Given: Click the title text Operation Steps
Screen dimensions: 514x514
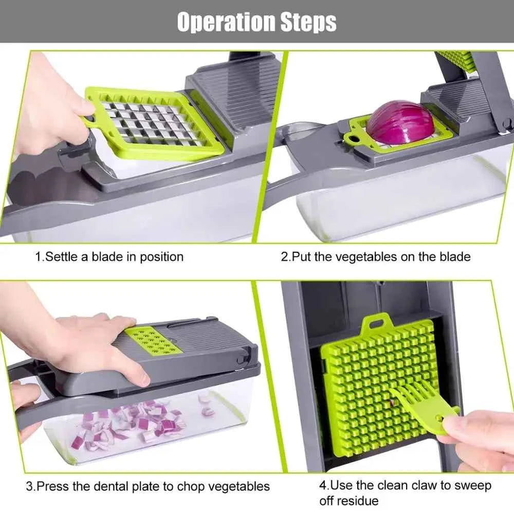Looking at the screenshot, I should click(256, 22).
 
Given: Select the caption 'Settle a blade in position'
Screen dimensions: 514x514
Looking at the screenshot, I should click(108, 256).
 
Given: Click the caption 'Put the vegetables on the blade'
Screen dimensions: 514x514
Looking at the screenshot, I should click(375, 256).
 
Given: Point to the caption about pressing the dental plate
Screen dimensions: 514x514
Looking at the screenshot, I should click(148, 486).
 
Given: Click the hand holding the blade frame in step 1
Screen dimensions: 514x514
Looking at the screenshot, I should click(46, 108).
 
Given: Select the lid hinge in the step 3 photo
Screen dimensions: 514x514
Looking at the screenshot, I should click(247, 355).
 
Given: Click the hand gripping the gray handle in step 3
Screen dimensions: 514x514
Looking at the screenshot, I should click(23, 406).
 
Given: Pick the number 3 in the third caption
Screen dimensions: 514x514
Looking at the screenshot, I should click(29, 486).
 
